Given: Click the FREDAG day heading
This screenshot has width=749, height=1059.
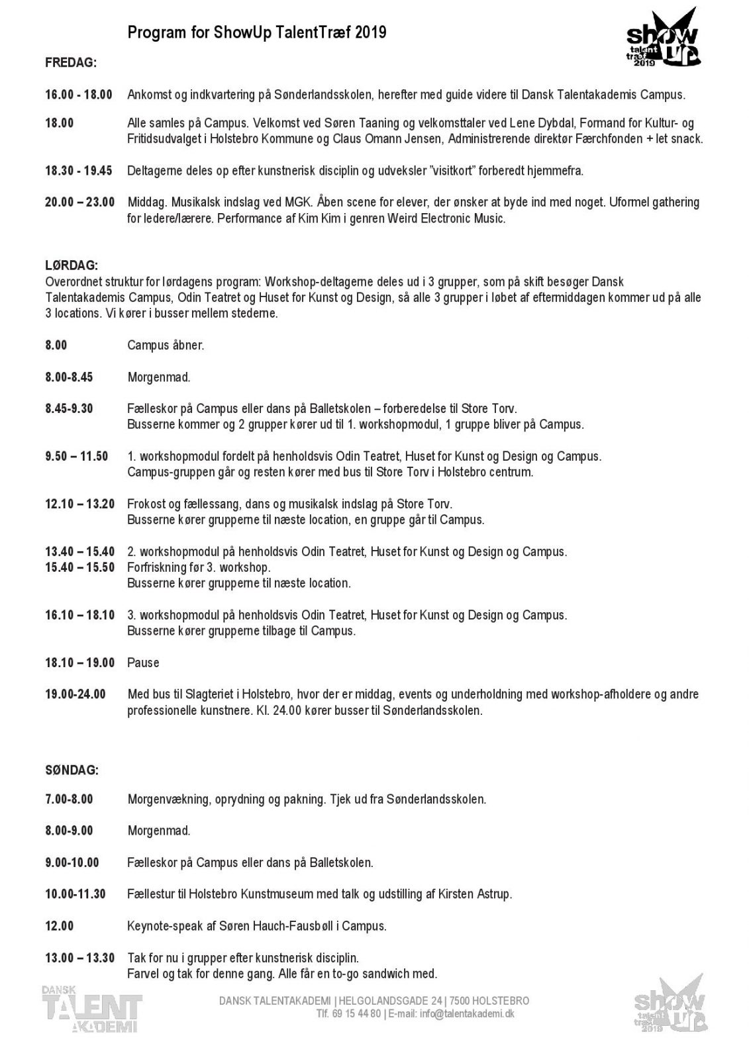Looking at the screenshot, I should click(x=71, y=63).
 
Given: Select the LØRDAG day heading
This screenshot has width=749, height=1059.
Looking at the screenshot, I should click(x=72, y=266).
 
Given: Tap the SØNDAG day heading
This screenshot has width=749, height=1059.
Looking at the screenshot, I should click(x=72, y=770).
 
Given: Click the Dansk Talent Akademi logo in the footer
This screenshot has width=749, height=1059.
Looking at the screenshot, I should click(x=91, y=1008).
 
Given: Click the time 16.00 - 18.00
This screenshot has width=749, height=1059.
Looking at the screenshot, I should click(x=78, y=95).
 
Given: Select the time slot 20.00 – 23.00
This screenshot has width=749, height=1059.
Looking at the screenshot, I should click(x=79, y=202).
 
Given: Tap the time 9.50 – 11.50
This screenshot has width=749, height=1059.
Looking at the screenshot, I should click(x=76, y=456).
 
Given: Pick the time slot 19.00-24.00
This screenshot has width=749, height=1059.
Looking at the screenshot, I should click(x=75, y=694).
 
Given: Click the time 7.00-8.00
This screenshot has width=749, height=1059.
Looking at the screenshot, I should click(x=69, y=799).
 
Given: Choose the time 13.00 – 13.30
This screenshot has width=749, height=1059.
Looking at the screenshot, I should click(x=79, y=958).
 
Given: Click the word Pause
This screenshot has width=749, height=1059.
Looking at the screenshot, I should click(x=143, y=663).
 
